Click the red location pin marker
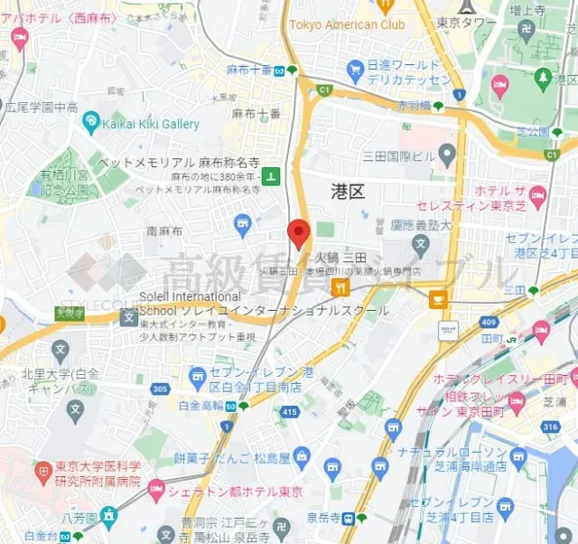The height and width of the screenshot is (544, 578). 299,233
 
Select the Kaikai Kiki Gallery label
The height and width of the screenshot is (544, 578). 151,123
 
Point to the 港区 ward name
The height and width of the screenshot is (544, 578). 348,190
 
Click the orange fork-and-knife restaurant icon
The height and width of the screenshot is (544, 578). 340,287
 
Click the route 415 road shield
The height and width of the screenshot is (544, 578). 289,412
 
